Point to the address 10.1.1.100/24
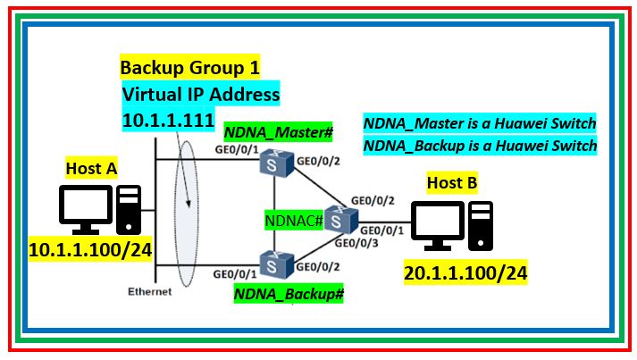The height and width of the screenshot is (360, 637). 89,249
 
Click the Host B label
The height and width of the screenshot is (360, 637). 451,184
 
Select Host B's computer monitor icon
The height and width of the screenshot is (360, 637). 437,222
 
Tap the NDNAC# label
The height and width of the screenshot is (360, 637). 293,219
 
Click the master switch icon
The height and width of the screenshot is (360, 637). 272,163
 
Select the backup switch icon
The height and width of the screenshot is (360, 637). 272,263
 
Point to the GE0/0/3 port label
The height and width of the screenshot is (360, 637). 354,241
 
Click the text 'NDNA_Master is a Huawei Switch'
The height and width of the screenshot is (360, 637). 480,123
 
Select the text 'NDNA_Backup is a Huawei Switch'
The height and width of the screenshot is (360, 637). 480,145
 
